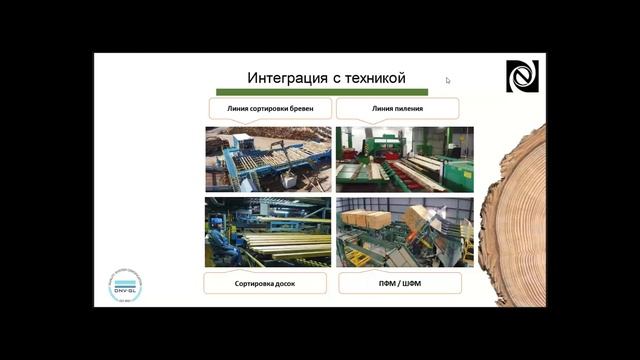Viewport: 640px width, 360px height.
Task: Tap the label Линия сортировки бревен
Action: click(268, 108)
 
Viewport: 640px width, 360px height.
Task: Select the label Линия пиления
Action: click(397, 108)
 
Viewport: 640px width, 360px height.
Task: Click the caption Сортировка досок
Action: click(267, 284)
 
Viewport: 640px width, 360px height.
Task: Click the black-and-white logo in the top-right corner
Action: click(521, 76)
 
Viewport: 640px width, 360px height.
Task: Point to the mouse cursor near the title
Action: click(448, 81)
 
